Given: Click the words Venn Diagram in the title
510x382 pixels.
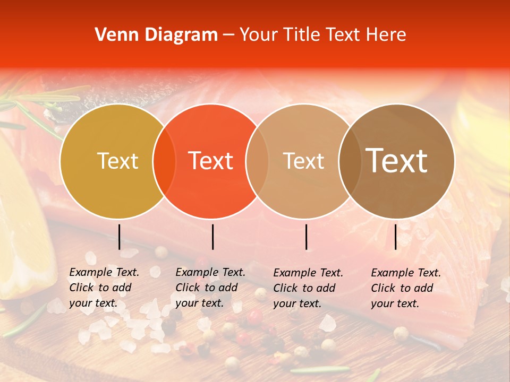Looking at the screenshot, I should point(156,35).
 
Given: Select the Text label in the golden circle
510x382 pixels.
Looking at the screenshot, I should point(117,161).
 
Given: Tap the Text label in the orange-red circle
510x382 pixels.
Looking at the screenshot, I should point(211,161).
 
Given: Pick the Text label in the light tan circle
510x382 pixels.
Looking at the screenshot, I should point(303,161).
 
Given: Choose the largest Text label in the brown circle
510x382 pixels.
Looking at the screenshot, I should point(397,161).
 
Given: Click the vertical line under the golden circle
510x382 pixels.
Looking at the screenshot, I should point(120,237).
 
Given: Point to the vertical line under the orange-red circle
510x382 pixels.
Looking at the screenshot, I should point(212,237).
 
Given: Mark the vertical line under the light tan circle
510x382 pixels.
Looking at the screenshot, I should point(307,237).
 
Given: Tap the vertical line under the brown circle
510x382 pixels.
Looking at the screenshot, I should point(396,237).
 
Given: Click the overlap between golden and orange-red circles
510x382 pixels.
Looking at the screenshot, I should point(164,161).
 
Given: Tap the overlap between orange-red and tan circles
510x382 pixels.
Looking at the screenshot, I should point(257,161).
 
